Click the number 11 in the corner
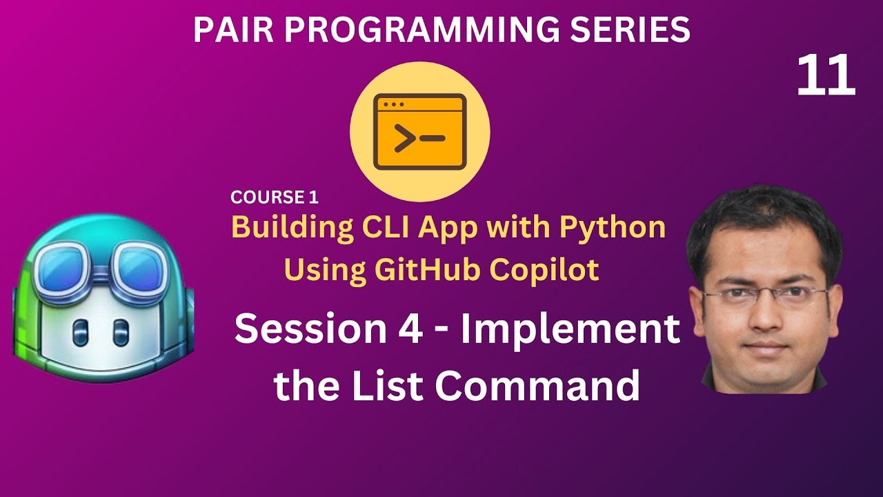coord(826,77)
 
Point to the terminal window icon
coord(419,133)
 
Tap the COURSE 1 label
coord(275,197)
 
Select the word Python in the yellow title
coord(612,227)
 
